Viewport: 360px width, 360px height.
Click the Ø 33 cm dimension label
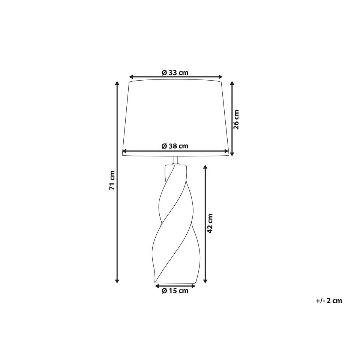[x=175, y=73]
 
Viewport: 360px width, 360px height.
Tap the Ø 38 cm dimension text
[x=175, y=146]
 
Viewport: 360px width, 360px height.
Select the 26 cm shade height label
[x=236, y=120]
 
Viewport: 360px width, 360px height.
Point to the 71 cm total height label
[x=112, y=180]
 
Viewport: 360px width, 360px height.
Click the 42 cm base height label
[x=210, y=223]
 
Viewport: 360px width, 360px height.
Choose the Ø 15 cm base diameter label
[x=175, y=291]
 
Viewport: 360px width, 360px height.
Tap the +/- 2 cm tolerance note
[x=329, y=300]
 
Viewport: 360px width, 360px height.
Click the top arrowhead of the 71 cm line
[x=117, y=83]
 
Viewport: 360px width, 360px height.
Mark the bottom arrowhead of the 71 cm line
[x=117, y=281]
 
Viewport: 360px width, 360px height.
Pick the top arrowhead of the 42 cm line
[x=205, y=167]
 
